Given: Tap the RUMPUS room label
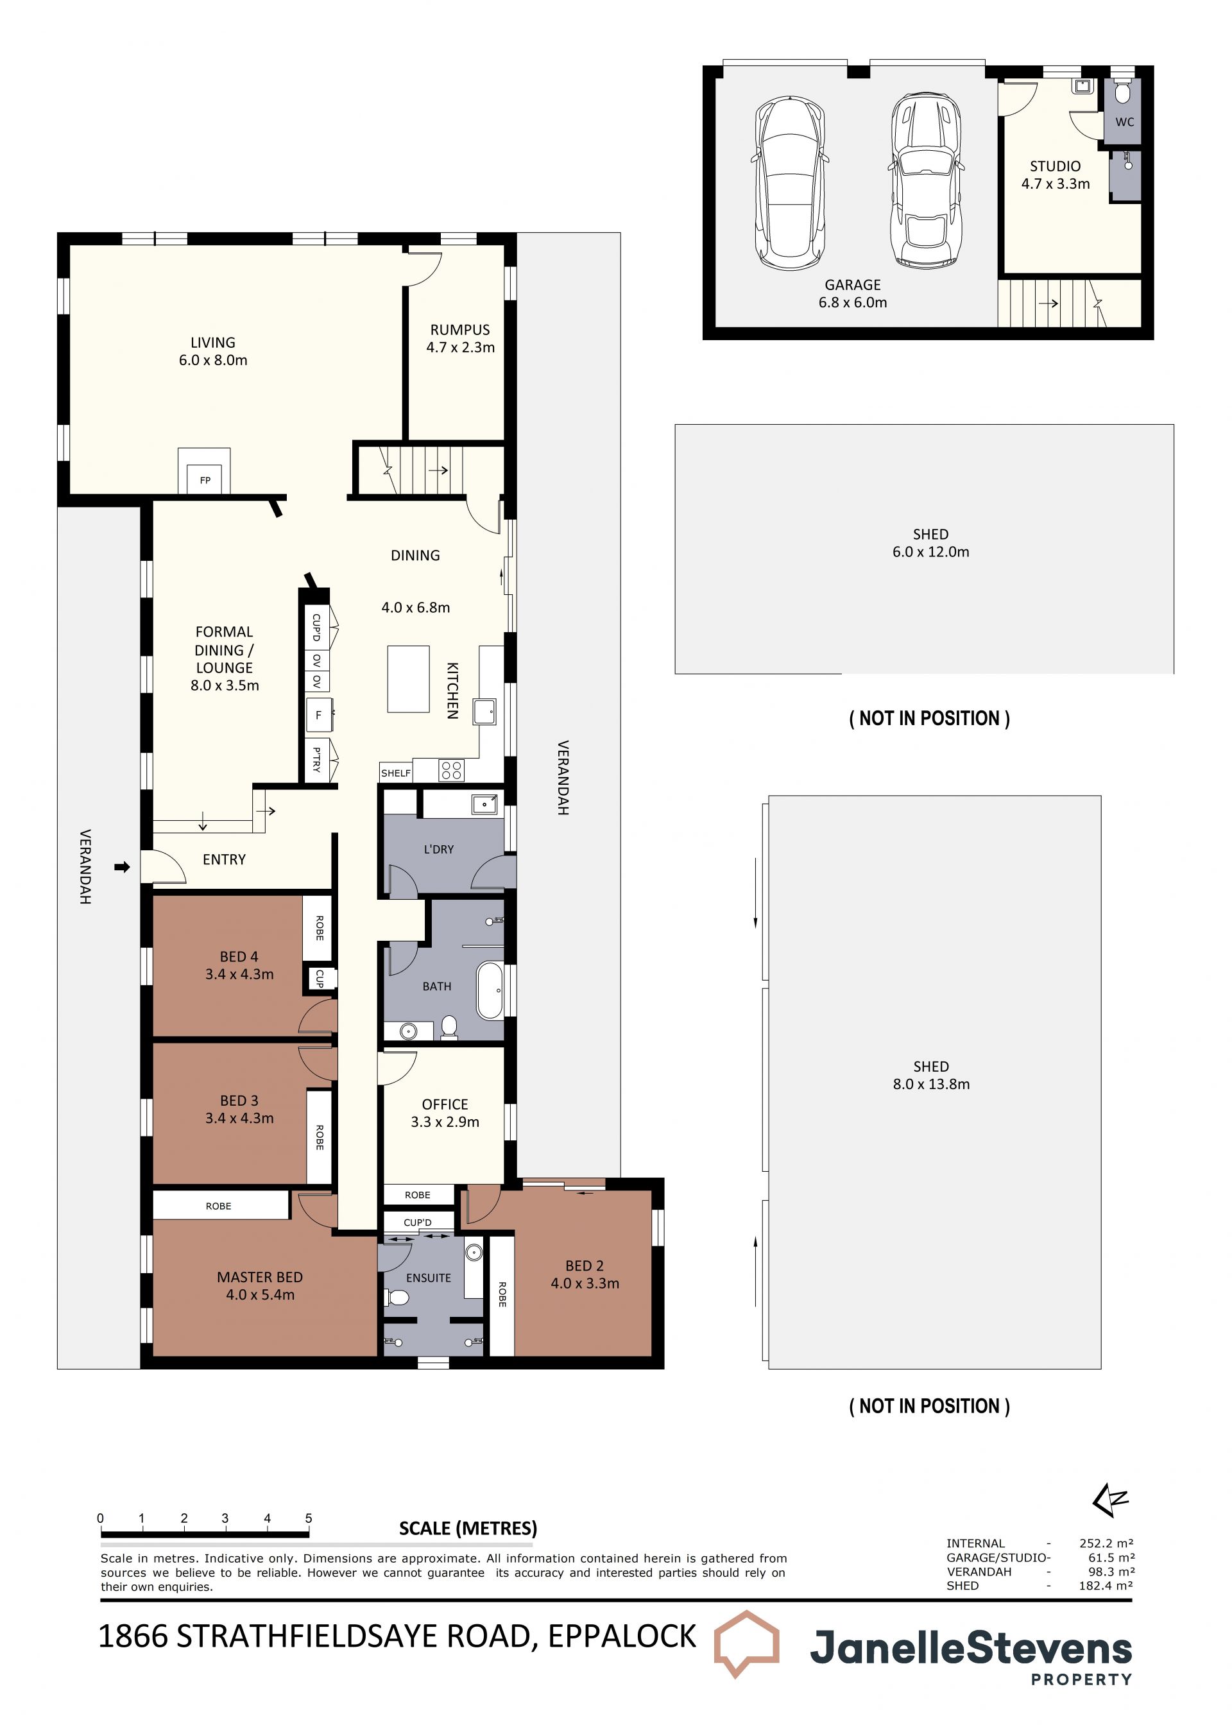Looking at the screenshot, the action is (x=459, y=330).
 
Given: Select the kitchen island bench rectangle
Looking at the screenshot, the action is (x=408, y=679).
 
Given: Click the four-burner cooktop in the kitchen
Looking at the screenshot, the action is (x=451, y=771).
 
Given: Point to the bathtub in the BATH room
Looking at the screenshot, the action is (x=490, y=991).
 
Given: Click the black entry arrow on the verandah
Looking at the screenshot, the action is (x=122, y=866).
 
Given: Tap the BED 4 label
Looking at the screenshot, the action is (x=239, y=957).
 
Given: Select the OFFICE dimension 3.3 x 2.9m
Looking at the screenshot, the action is (x=445, y=1122).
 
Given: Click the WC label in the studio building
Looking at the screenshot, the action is (x=1124, y=122).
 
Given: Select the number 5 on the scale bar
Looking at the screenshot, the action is (x=309, y=1518).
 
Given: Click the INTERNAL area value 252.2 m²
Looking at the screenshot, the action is (x=1106, y=1543).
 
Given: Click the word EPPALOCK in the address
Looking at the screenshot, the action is (x=622, y=1636).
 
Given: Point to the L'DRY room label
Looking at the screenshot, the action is (x=438, y=849).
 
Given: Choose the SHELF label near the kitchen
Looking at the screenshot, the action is (x=395, y=773).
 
